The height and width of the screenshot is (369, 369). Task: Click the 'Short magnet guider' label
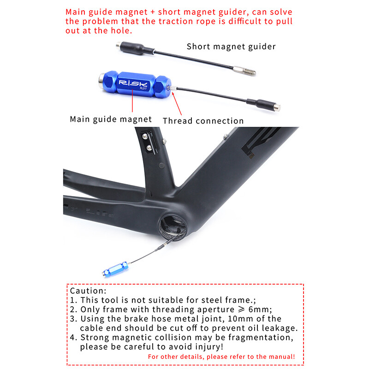click(x=231, y=46)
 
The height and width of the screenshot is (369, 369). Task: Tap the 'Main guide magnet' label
click(x=111, y=119)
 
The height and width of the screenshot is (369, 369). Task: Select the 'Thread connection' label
click(x=203, y=121)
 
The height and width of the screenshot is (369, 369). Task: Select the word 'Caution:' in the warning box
click(x=88, y=291)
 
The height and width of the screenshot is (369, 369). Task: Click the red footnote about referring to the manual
click(x=221, y=357)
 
